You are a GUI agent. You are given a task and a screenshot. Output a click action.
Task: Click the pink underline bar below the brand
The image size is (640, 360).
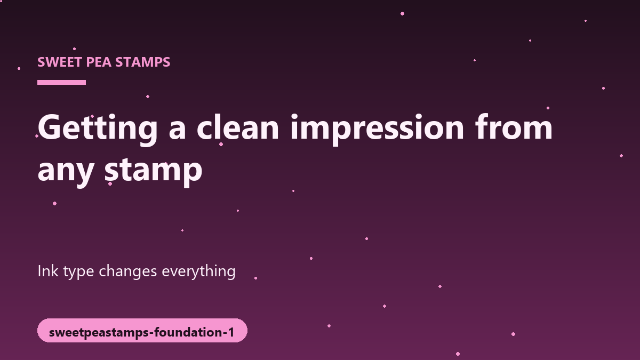point(61,82)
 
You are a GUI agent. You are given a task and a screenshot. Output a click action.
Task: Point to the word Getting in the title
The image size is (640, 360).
point(98,130)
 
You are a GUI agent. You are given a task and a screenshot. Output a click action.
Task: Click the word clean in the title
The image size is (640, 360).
point(238,127)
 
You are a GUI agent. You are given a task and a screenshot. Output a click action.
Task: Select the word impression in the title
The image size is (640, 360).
point(377,130)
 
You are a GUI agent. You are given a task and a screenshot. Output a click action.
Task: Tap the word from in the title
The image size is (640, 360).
point(514,127)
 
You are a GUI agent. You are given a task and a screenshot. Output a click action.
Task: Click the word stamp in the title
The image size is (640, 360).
point(154,171)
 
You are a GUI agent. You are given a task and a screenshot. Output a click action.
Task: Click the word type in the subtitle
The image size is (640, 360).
point(78,272)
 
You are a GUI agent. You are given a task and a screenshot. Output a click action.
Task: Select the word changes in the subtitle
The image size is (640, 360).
point(127,271)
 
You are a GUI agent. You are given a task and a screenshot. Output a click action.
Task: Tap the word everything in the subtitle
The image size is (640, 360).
point(198,271)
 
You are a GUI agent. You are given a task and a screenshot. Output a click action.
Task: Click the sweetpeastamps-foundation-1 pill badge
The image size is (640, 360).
point(142,330)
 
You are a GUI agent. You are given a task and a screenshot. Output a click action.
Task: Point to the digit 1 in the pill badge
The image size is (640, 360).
point(230,332)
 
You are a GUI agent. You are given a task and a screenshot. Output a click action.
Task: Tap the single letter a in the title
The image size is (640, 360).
point(178,130)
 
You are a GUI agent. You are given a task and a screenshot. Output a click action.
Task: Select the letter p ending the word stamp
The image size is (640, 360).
point(193,174)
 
